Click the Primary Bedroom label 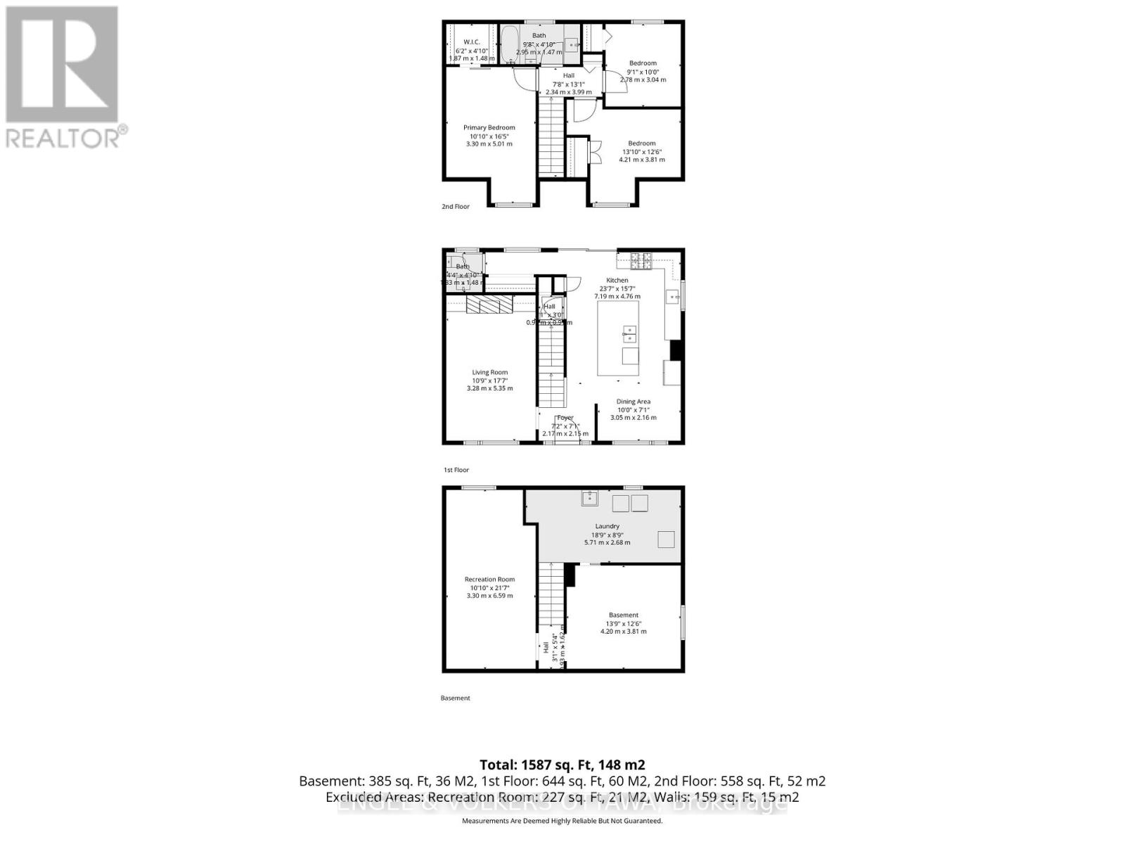pyautogui.click(x=489, y=128)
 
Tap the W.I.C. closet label pyautogui.click(x=471, y=42)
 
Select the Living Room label pyautogui.click(x=489, y=373)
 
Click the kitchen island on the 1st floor pyautogui.click(x=619, y=338)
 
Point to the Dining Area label pyautogui.click(x=633, y=402)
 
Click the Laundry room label pyautogui.click(x=607, y=527)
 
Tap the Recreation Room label pyautogui.click(x=489, y=580)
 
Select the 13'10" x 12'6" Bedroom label pyautogui.click(x=641, y=143)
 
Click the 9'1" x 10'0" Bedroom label pyautogui.click(x=643, y=63)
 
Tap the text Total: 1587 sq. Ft pyautogui.click(x=562, y=765)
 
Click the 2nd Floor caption pyautogui.click(x=455, y=207)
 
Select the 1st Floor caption pyautogui.click(x=456, y=470)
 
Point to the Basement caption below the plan pyautogui.click(x=455, y=698)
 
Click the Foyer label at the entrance pyautogui.click(x=565, y=418)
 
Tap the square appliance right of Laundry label pyautogui.click(x=665, y=539)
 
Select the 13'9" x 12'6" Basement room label pyautogui.click(x=623, y=615)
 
